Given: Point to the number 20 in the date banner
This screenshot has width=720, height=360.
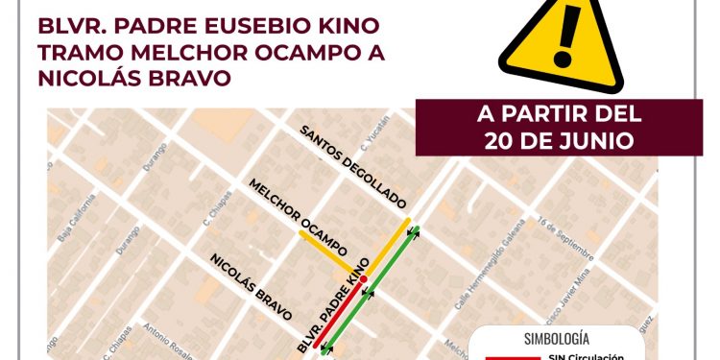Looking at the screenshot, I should coord(508,140).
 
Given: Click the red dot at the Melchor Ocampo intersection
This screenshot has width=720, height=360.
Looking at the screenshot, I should coord(363,278).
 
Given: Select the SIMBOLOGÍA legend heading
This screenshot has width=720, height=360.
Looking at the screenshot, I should coord(557,338).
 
